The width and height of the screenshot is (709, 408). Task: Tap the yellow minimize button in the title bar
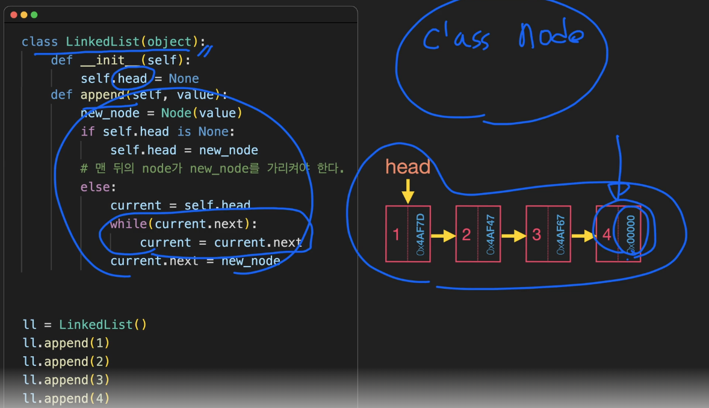point(24,14)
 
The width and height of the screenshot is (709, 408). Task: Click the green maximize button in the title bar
point(34,14)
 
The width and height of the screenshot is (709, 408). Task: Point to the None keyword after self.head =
point(184,78)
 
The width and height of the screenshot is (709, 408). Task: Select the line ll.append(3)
point(66,380)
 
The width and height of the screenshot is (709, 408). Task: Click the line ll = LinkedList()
point(85,324)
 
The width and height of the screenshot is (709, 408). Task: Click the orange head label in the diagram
point(408,167)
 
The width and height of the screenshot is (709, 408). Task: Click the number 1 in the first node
point(396,235)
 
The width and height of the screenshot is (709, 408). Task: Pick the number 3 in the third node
point(536,235)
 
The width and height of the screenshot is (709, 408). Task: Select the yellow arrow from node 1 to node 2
point(444,236)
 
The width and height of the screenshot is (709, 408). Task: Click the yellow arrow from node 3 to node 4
point(583,236)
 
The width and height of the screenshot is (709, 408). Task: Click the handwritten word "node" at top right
point(550,39)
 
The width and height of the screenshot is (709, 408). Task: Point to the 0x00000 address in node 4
point(630,235)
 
